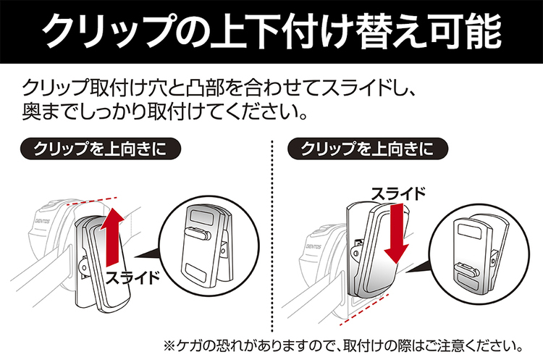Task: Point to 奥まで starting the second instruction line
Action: tap(51, 114)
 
